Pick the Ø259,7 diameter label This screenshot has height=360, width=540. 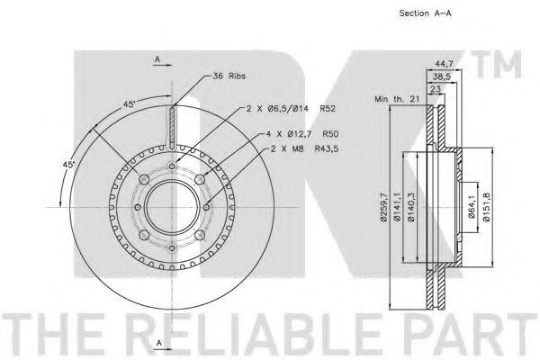[385, 206]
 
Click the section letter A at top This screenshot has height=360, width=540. [157, 59]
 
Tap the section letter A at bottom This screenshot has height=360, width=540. [157, 343]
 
